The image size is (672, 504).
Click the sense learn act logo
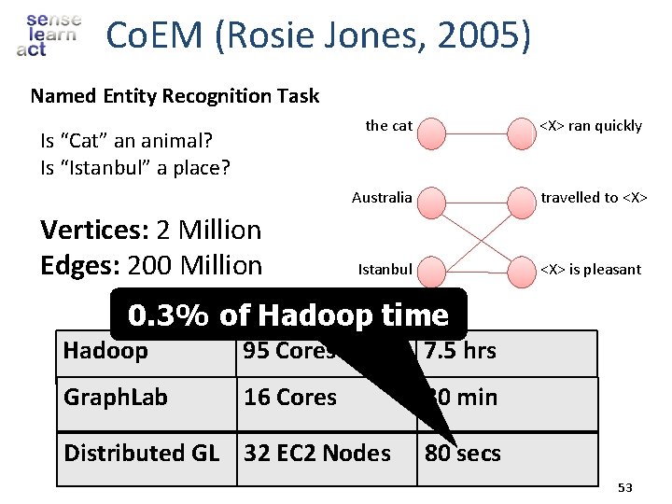49,35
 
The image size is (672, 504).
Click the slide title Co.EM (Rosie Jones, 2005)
318,36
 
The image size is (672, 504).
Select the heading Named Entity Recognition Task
175,96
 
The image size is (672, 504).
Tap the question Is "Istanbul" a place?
135,168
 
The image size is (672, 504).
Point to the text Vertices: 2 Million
151,230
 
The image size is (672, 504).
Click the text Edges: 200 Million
151,266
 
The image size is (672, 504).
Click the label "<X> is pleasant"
591,270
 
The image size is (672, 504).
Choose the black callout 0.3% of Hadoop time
287,316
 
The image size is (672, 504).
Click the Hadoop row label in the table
105,352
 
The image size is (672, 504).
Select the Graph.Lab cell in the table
115,398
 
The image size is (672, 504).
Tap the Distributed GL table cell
141,454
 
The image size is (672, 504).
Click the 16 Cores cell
290,398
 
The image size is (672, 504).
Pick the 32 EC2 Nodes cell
317,454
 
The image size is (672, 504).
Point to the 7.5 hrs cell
460,352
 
